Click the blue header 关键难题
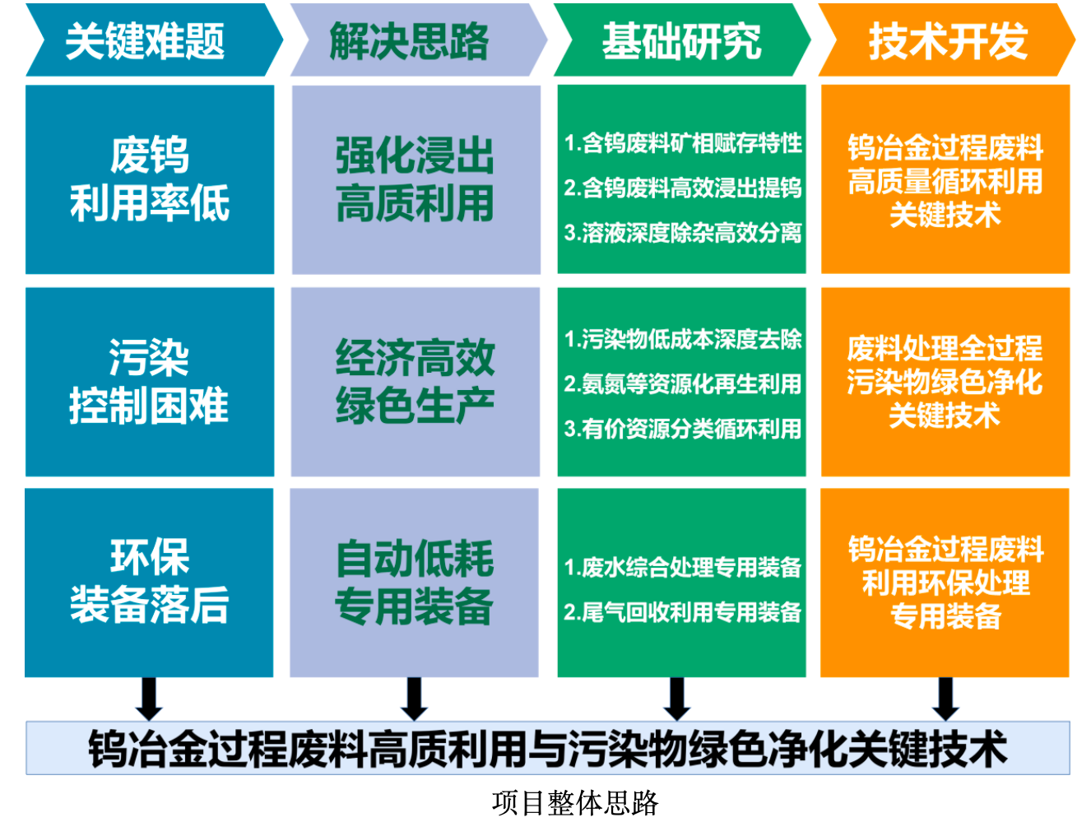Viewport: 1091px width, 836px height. pos(154,40)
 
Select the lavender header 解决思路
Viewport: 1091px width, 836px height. pos(418,40)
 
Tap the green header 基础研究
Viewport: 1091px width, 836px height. pos(682,40)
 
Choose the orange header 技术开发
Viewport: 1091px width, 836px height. pos(946,40)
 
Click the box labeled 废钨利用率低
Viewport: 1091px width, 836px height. pos(150,179)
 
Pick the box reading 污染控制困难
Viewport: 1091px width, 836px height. pos(150,382)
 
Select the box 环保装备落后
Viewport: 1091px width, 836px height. pos(149,583)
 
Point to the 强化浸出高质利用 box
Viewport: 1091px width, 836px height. pos(416,179)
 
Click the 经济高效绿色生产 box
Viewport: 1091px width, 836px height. pos(416,382)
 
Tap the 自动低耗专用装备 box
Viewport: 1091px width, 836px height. pos(414,583)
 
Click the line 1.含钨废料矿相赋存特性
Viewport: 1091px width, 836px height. pos(683,143)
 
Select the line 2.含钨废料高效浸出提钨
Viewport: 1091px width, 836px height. pos(683,188)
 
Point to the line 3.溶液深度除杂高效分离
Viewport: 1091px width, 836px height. pos(683,233)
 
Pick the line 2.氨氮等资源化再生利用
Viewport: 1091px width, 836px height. pos(683,384)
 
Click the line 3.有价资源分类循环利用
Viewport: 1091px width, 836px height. pos(683,429)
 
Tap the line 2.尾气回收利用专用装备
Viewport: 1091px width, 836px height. pos(683,612)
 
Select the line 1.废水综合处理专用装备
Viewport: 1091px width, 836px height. pos(683,568)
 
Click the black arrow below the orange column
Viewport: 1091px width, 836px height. pos(945,699)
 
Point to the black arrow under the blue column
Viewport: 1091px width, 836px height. pos(149,699)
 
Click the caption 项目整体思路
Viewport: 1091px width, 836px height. pos(575,803)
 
